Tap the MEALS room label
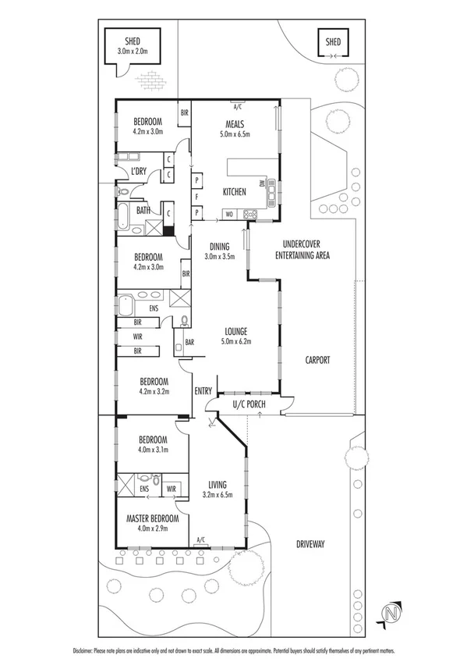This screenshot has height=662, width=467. point(235,123)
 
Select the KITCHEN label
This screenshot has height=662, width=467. point(235,192)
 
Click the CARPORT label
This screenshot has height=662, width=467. point(317,360)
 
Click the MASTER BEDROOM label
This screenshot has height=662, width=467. point(153,518)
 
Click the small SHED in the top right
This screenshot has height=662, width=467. point(333,42)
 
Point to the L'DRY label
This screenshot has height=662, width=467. point(140,171)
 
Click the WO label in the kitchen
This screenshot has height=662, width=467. point(230,213)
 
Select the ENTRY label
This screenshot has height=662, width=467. point(203,390)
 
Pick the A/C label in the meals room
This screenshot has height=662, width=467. point(238,105)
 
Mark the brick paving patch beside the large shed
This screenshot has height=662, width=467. point(150,79)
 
